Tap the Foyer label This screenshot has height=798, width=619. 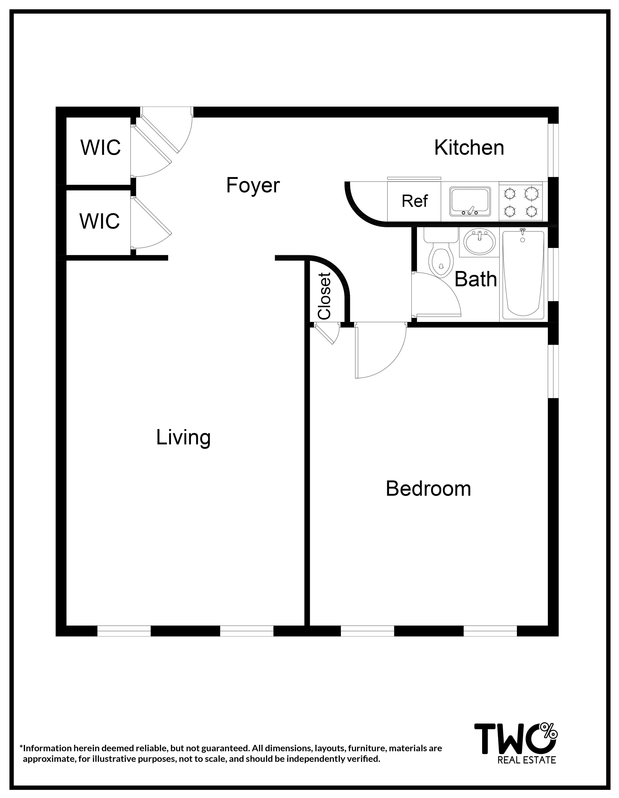coord(253,185)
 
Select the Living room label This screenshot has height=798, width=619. coord(183,437)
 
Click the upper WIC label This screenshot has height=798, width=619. coord(101,148)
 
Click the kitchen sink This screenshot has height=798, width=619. coord(470,201)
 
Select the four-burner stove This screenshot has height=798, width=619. coord(521,201)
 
